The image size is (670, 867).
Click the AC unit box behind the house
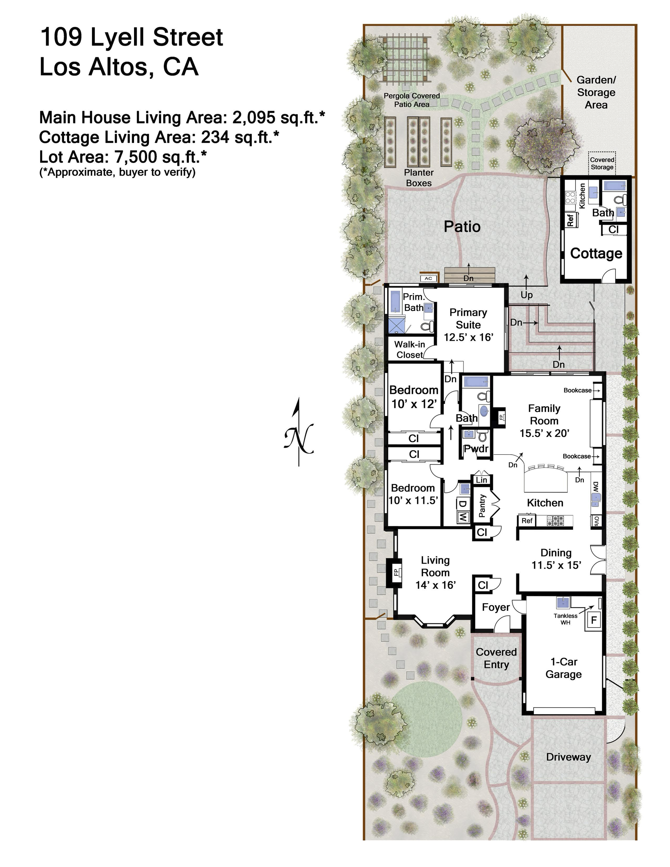point(428,278)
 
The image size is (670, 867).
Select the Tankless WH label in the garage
point(565,619)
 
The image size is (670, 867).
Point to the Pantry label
point(482,505)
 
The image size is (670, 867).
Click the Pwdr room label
point(476,449)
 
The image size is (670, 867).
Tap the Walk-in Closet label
point(410,349)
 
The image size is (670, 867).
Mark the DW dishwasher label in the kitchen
point(596,487)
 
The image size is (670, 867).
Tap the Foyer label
point(496,607)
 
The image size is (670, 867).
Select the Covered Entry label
point(496,658)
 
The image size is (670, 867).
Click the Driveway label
point(568,757)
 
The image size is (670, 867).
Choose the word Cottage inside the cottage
point(596,253)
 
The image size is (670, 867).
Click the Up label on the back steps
point(527,295)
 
